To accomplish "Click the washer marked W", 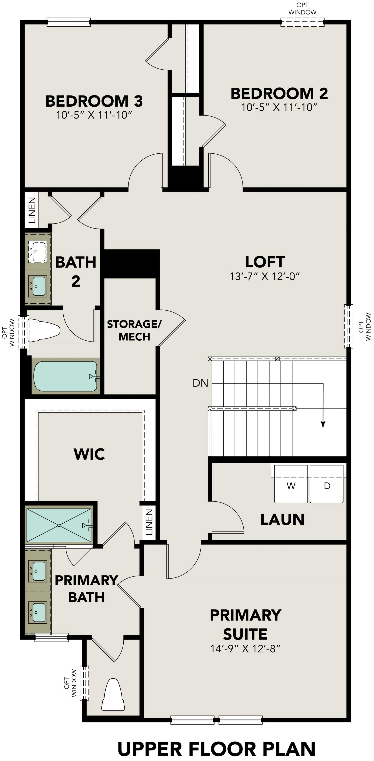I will coord(291,484).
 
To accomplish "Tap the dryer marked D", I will coord(326,484).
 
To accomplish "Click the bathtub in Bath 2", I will coord(66,376).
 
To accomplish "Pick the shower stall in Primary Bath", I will coord(59,525).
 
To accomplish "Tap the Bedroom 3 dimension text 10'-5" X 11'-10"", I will coord(94,115).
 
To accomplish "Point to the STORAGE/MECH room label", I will coord(134,330).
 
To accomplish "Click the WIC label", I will coord(89,454).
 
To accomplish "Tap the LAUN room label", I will coord(282,520).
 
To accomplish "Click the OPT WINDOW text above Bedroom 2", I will coord(302,9).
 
